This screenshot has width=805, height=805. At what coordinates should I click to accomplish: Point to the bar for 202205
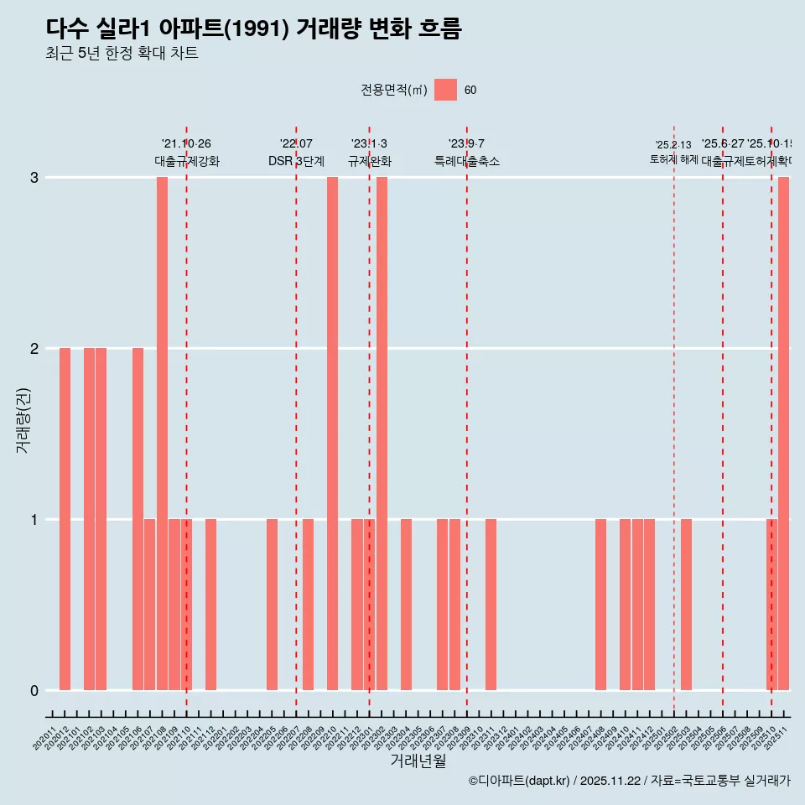[x=272, y=604]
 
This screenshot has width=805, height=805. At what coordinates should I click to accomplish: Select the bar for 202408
[x=600, y=604]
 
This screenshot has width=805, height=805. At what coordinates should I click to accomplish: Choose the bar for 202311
[x=491, y=604]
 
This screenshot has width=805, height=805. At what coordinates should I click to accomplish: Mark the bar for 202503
[x=686, y=604]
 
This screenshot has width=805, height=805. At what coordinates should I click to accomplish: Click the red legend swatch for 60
[x=445, y=90]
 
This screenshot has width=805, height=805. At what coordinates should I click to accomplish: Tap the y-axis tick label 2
[x=34, y=348]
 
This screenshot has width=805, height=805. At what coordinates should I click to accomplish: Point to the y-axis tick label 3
[x=34, y=177]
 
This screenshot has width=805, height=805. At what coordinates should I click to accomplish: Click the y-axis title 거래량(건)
[x=23, y=419]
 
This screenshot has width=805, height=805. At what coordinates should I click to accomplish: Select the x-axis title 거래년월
[x=418, y=761]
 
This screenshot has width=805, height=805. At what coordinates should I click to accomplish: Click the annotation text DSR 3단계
[x=296, y=161]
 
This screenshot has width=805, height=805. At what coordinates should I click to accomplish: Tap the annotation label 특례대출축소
[x=466, y=161]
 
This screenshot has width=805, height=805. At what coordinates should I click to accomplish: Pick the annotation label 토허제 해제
[x=673, y=158]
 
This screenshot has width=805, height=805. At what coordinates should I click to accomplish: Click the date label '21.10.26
[x=186, y=143]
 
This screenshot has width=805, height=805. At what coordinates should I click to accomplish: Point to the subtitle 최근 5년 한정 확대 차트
[x=122, y=54]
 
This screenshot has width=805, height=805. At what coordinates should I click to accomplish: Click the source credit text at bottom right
[x=629, y=781]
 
